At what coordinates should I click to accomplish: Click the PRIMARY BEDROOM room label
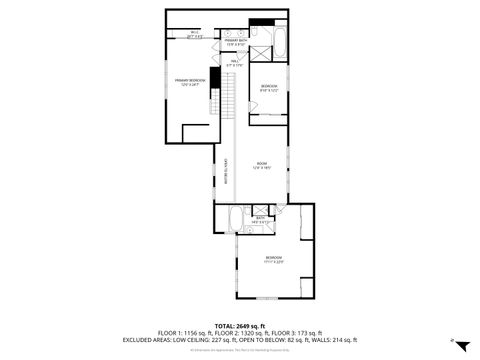(x=190, y=82)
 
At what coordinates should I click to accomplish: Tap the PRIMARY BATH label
(x=236, y=42)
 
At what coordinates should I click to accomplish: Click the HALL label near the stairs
(x=235, y=64)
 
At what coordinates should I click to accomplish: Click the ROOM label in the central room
(x=261, y=165)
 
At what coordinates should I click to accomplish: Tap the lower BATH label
(x=260, y=218)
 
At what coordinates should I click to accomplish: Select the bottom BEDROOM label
(x=273, y=260)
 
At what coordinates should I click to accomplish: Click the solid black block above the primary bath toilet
(x=262, y=23)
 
